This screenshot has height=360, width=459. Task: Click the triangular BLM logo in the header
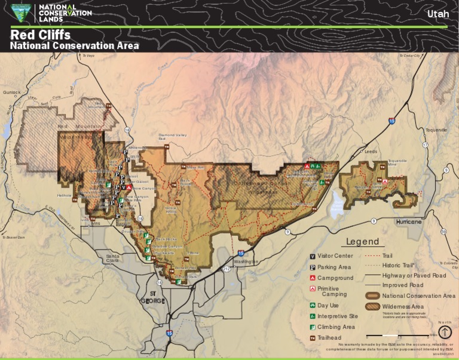click(x=22, y=12)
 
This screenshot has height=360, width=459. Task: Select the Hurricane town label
click(x=409, y=221)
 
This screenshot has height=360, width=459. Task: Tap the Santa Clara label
click(x=112, y=259)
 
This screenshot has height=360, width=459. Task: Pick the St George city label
click(x=157, y=297)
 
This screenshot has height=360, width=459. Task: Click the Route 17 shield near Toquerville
click(x=426, y=145)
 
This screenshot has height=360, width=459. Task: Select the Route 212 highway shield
click(x=227, y=269)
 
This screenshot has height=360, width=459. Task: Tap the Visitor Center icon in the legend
click(x=312, y=256)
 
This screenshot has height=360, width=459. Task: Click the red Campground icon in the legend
click(x=312, y=278)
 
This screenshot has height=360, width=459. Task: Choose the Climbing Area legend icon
click(x=312, y=327)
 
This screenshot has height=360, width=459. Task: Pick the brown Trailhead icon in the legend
click(x=312, y=338)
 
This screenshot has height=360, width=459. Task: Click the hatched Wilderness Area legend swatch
click(x=373, y=307)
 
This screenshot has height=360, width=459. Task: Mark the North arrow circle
click(x=445, y=332)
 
